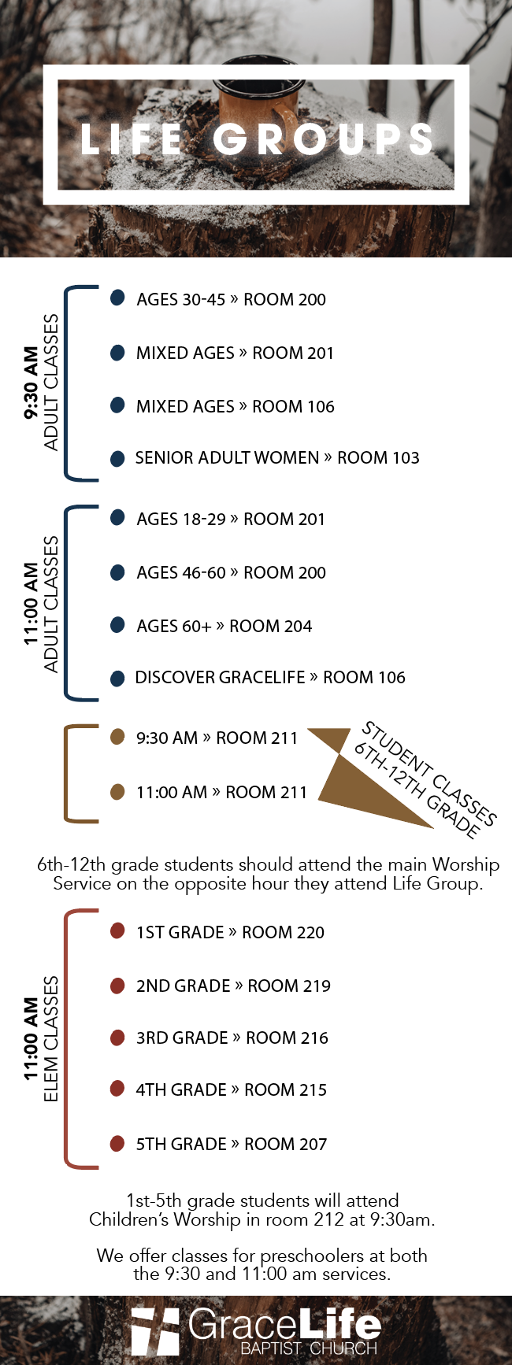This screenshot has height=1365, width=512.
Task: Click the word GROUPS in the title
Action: pos(324,139)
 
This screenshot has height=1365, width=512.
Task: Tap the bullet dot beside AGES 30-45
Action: pos(117,298)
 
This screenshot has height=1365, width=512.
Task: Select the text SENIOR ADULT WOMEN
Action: pos(227,457)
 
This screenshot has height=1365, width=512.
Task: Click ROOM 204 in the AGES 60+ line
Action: pos(270,626)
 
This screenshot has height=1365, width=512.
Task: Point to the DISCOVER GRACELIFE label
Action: pos(220,677)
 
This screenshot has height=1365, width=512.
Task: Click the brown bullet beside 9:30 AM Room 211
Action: pos(117,737)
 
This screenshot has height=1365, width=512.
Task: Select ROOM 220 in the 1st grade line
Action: pos(283,932)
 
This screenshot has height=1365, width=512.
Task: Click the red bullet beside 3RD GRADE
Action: pos(117,1038)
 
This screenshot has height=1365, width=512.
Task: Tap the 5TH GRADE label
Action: pos(181,1144)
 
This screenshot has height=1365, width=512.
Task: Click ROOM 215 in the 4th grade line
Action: pos(285,1089)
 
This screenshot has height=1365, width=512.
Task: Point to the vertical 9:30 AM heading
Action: pos(32,383)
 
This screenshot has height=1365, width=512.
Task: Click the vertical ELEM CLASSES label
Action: pos(51,1039)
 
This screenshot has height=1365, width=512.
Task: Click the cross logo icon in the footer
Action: pos(155,1331)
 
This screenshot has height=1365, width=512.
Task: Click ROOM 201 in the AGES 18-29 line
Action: pos(284,519)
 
